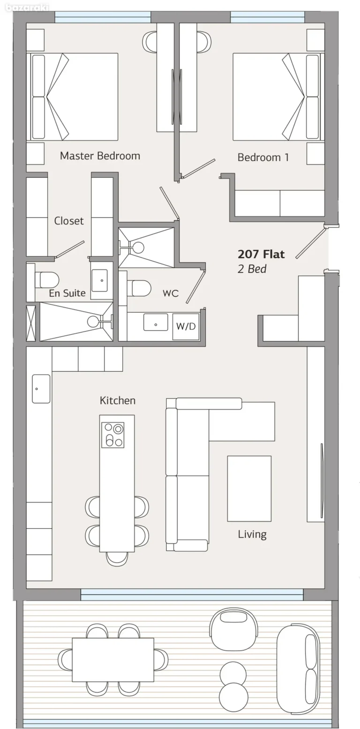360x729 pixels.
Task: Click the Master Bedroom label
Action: point(100,156)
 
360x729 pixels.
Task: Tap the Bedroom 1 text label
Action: point(263,158)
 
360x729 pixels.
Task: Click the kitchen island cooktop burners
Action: point(113,435)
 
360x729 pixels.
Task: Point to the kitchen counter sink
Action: point(41,388)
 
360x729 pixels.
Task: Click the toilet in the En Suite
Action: point(47,280)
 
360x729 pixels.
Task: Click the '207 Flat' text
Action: point(261,255)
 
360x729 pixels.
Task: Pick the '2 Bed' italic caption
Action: point(252,269)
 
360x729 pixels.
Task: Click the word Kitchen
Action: point(117,400)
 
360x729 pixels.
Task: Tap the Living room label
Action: point(252,534)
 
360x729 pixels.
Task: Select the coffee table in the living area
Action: point(249,489)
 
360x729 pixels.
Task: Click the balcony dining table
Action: point(112,660)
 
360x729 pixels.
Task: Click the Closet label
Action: point(69,221)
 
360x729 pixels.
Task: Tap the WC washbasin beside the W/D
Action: point(155,323)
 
